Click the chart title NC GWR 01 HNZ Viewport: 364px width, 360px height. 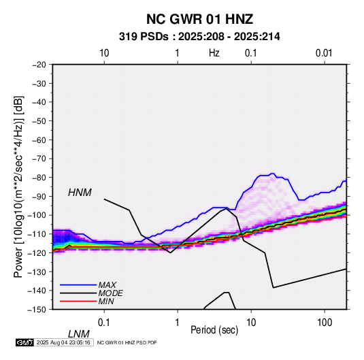(199, 19)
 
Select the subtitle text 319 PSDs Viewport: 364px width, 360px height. (144, 37)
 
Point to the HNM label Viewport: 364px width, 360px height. (80, 193)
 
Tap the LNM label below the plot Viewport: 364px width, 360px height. (79, 334)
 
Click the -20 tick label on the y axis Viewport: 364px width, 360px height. (39, 65)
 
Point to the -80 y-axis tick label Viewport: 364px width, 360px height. (39, 178)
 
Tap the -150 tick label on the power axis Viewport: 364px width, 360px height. (37, 310)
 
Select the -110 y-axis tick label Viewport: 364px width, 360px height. (37, 234)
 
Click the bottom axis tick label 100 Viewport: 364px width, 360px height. (325, 323)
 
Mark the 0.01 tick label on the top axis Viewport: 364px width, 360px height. (324, 53)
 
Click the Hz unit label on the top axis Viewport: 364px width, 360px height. (214, 53)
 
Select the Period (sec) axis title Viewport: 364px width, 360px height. (214, 330)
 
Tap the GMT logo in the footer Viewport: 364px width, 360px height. (24, 342)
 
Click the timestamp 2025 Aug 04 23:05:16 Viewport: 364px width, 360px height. (63, 342)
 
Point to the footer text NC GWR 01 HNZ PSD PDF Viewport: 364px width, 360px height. (127, 342)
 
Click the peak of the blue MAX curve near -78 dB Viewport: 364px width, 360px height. (272, 174)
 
